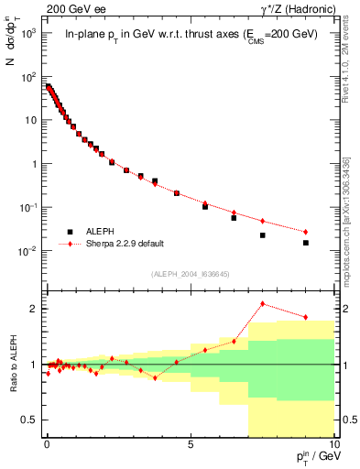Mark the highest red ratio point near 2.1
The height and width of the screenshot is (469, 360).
(263, 303)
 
